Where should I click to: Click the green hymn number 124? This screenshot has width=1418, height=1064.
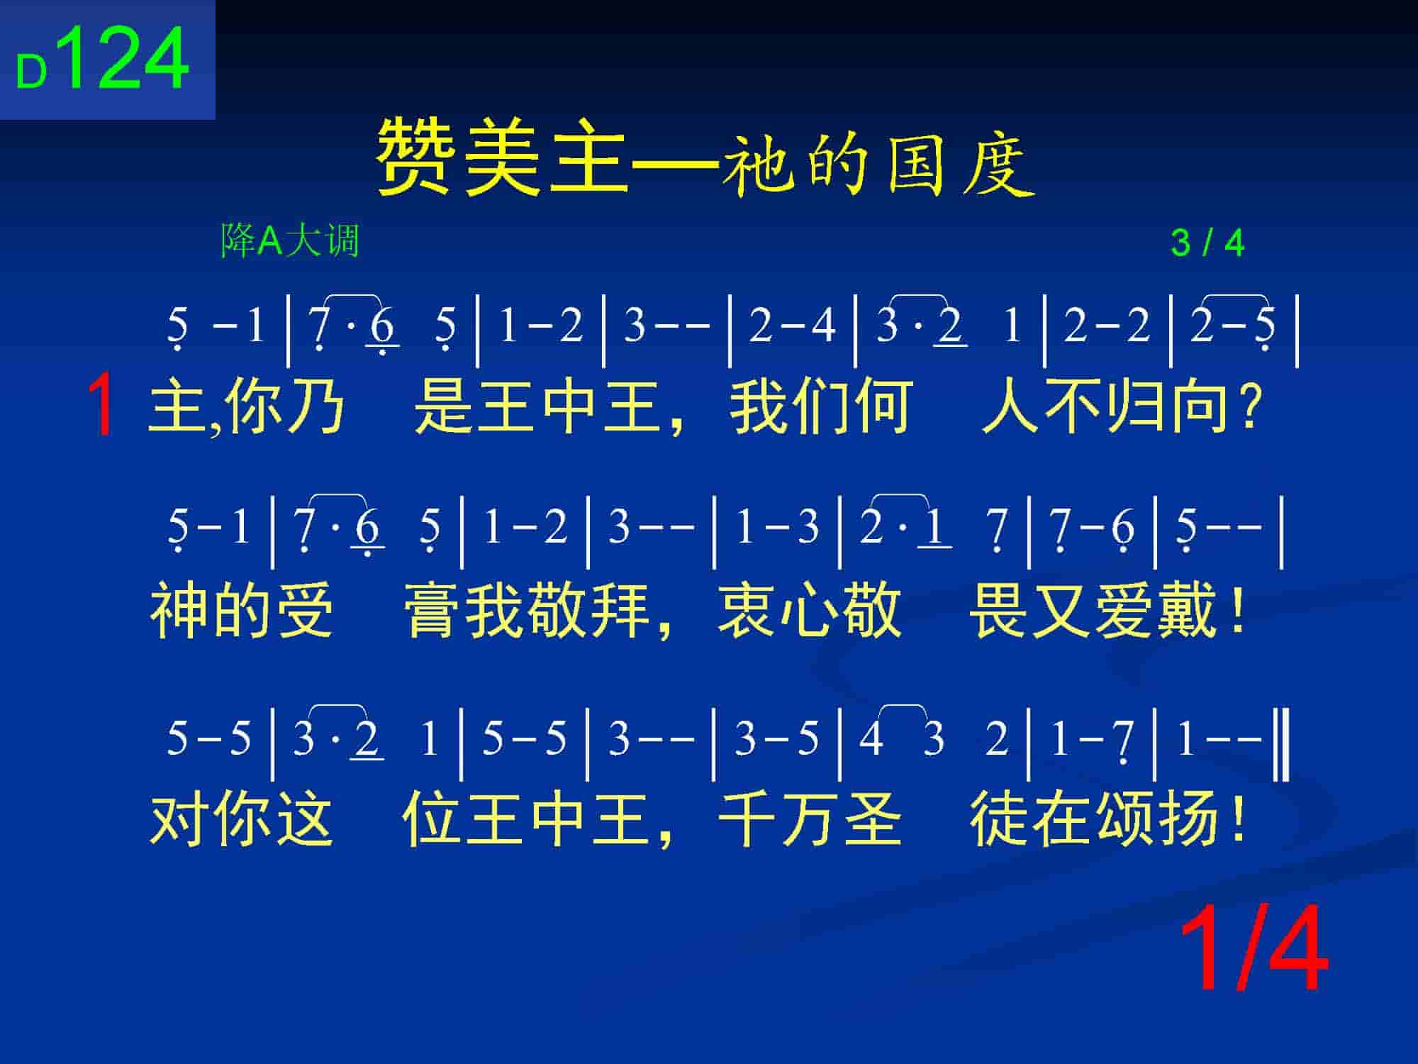point(128,58)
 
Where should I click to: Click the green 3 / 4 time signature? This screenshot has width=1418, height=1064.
point(1207,243)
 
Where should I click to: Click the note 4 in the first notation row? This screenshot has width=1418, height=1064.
point(822,326)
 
